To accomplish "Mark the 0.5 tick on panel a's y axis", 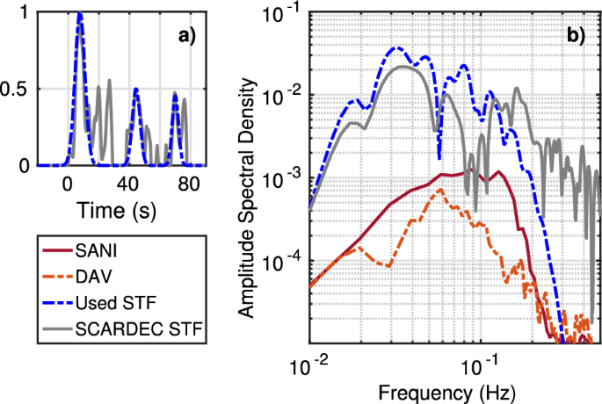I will tap(17, 90).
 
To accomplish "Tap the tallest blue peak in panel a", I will tap(80, 15).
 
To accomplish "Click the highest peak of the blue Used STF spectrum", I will tap(396, 47).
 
